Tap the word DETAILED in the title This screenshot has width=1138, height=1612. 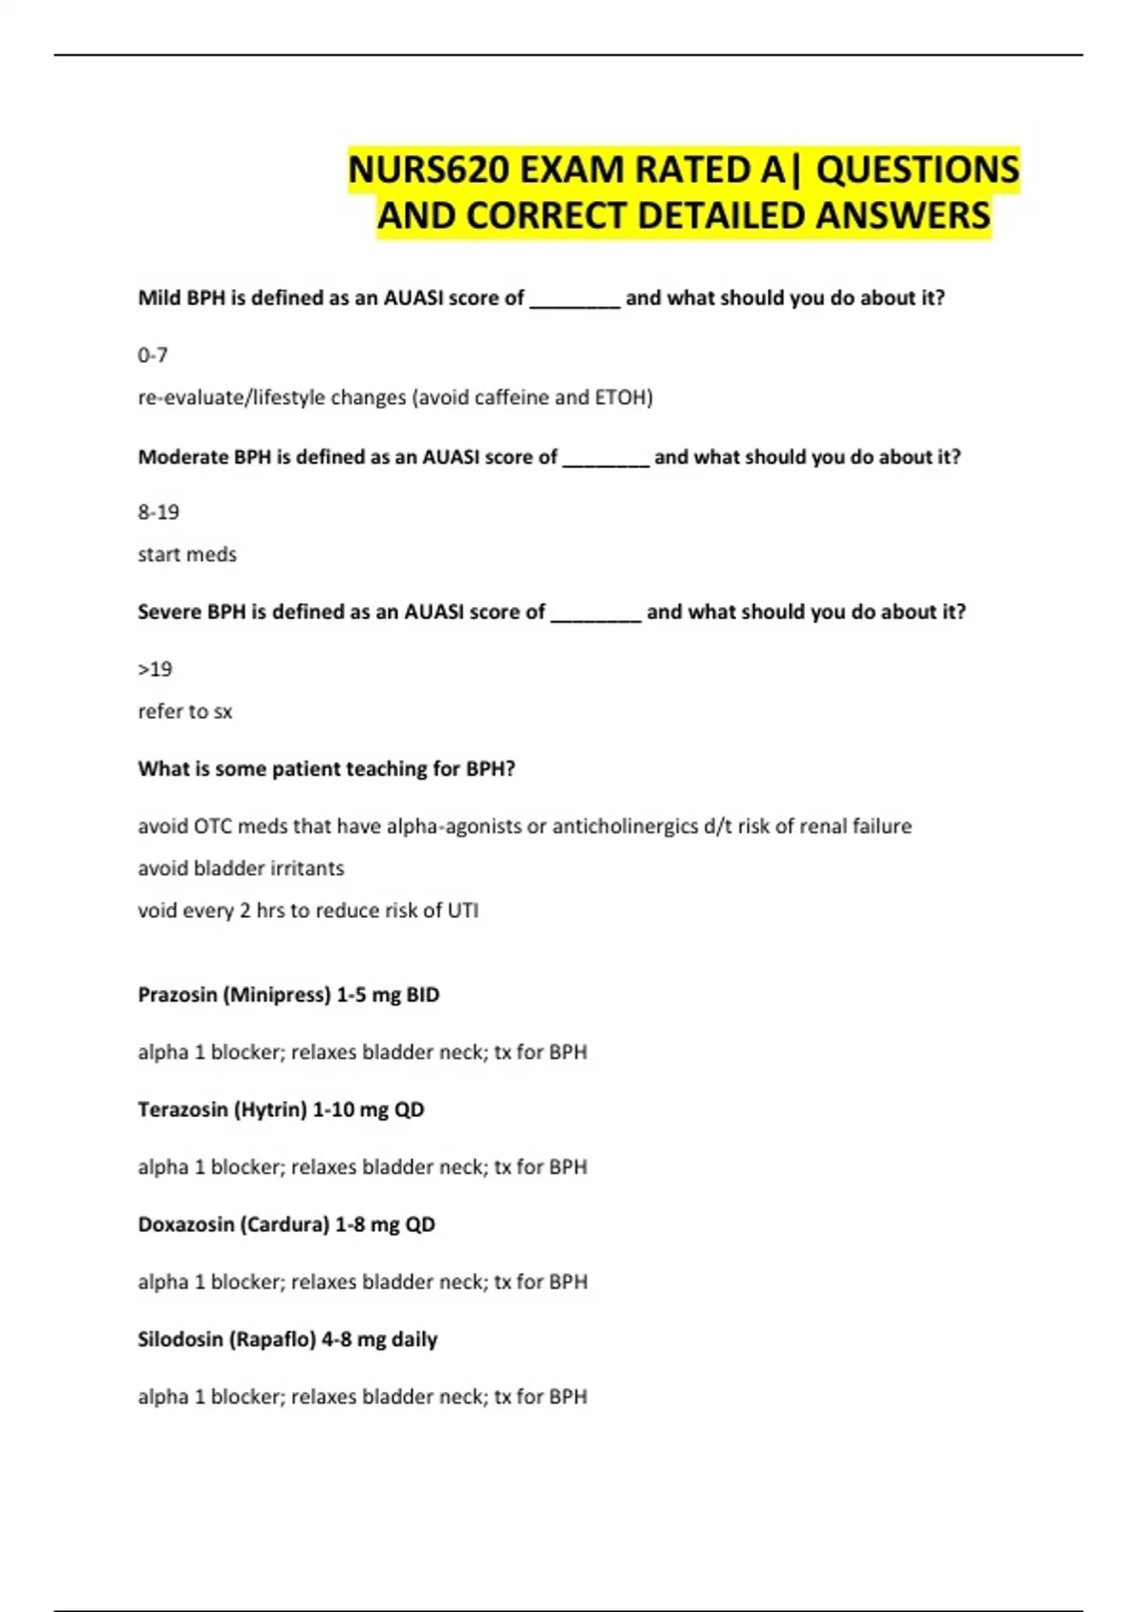[722, 216]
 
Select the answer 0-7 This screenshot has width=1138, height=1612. [153, 355]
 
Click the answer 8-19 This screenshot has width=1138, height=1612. [158, 512]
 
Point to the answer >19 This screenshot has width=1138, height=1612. [156, 669]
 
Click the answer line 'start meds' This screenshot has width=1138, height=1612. [187, 554]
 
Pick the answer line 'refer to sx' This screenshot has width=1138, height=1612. [185, 711]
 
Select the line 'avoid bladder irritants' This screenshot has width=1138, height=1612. [241, 868]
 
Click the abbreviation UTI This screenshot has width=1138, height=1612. [463, 910]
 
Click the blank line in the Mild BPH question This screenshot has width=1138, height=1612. [575, 302]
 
